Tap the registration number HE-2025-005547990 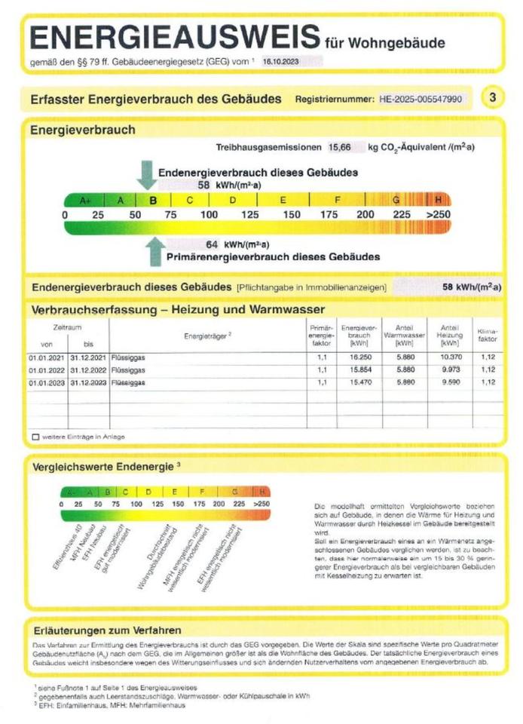(x=422, y=99)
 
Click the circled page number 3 (x=492, y=98)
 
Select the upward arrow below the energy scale (x=156, y=252)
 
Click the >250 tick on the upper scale (x=438, y=215)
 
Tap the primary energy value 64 (x=212, y=244)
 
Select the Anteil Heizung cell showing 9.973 (x=450, y=370)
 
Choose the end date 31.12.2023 (x=87, y=383)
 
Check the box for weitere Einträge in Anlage (x=35, y=437)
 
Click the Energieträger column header (x=208, y=336)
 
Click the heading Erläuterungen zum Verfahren (x=107, y=630)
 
